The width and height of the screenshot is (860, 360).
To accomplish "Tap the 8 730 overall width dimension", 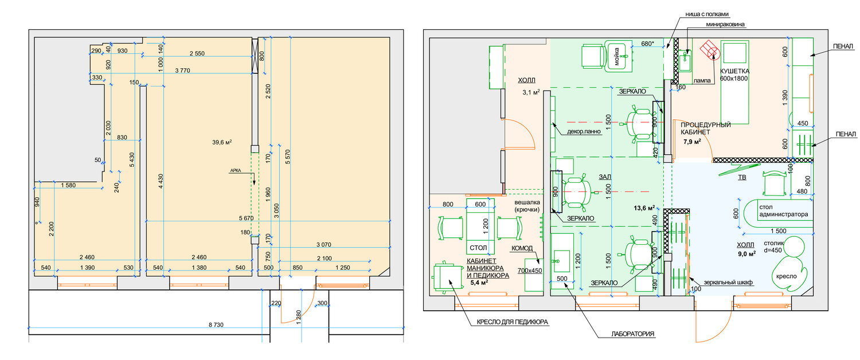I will click(x=216, y=325).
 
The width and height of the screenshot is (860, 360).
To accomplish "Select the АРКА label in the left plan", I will click(x=235, y=170).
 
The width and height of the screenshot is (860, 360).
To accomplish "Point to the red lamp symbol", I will click(x=711, y=50).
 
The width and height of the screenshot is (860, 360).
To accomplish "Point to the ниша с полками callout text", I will click(x=707, y=14).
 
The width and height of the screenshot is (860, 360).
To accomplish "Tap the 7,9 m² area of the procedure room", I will click(x=692, y=142).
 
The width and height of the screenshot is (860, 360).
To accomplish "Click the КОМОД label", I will click(x=522, y=249).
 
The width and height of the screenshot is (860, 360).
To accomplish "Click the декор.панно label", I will click(x=584, y=131).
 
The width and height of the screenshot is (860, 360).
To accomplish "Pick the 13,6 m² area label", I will click(x=645, y=208).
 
